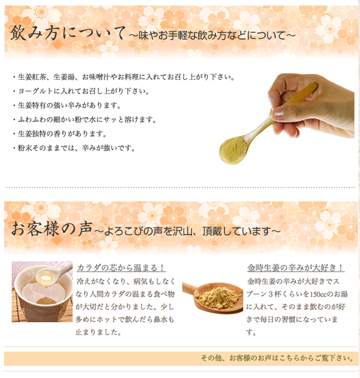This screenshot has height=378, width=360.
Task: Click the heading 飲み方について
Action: coord(68,33)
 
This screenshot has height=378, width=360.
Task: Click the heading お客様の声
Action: coord(52,229)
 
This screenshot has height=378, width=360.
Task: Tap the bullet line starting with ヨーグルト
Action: coord(81,91)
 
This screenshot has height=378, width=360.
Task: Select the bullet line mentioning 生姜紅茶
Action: coord(124,77)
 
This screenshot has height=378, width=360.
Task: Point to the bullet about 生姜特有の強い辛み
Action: coord(67,105)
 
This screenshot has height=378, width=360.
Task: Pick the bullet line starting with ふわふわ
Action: coord(85,120)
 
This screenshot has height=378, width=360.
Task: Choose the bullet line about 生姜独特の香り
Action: coord(60,134)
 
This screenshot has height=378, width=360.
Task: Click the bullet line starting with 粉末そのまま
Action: coord(74,148)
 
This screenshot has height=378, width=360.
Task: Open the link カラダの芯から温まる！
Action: coord(121,268)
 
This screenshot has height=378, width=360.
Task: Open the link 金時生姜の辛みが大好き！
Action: coord(296,268)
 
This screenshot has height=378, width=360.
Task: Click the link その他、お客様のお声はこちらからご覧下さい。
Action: coord(277,358)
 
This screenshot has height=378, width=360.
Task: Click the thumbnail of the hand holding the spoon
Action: coord(287,118)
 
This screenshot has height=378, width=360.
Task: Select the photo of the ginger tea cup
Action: coord(42,292)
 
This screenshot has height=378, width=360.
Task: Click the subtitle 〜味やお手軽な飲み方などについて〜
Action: coord(212,35)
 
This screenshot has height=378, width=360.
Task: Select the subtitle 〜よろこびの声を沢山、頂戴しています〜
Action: coord(188,231)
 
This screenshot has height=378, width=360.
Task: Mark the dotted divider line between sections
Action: coord(181,187)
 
